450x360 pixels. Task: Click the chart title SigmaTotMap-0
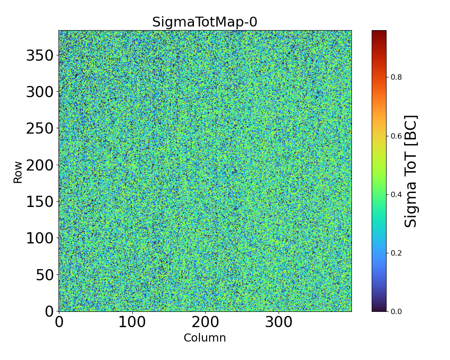[205, 22]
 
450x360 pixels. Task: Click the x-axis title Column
[205, 338]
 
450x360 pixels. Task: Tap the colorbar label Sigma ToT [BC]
[411, 171]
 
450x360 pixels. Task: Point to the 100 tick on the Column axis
[132, 322]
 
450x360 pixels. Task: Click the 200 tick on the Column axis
[206, 322]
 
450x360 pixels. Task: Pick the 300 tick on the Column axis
[279, 322]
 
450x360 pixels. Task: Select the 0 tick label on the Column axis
[59, 322]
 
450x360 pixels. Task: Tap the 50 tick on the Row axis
[45, 274]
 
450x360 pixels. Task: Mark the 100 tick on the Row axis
[40, 238]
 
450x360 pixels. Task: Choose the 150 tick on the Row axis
[40, 202]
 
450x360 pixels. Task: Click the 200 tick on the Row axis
[40, 165]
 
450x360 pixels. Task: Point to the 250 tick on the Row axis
[40, 128]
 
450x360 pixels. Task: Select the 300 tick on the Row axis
[40, 92]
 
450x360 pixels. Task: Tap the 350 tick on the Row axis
[40, 55]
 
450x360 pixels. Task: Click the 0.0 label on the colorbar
[396, 311]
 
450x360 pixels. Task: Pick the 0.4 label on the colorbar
[396, 194]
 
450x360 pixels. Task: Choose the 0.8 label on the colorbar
[396, 77]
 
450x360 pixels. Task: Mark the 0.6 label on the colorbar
[396, 136]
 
